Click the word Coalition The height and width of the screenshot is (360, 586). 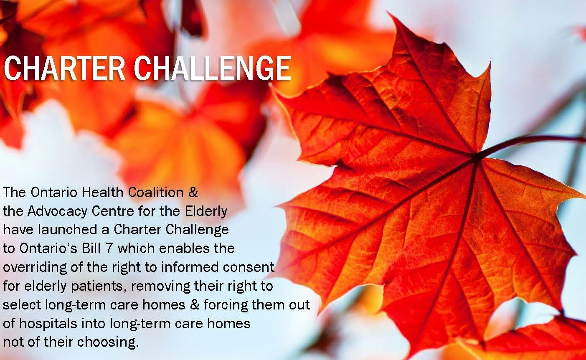pos(156,193)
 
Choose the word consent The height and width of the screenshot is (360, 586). pos(251,267)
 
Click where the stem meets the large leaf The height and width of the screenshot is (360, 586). pos(476,157)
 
